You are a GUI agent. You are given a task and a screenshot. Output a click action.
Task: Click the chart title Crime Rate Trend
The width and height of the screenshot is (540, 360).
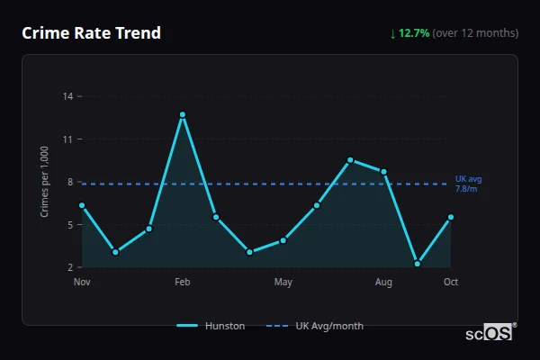pyautogui.click(x=91, y=33)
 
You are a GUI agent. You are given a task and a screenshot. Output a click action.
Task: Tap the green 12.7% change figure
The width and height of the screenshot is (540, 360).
pyautogui.click(x=414, y=33)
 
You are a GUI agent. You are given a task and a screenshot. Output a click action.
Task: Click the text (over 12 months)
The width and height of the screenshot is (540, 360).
pyautogui.click(x=475, y=33)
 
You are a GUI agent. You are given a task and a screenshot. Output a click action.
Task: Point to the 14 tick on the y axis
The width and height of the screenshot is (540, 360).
pyautogui.click(x=68, y=95)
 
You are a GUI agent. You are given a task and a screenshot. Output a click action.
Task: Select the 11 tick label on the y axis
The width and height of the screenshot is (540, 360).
pyautogui.click(x=68, y=139)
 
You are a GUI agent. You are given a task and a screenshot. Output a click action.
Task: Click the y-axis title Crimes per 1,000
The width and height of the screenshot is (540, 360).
pyautogui.click(x=45, y=182)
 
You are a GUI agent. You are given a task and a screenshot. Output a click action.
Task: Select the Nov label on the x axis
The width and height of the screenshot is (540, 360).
pyautogui.click(x=82, y=283)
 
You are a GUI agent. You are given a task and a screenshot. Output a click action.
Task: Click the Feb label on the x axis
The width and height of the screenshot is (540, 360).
pyautogui.click(x=183, y=283)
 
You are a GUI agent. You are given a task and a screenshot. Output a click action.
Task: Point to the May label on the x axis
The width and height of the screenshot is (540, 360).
pyautogui.click(x=283, y=283)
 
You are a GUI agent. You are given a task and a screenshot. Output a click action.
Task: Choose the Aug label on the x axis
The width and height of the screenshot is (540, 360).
pyautogui.click(x=384, y=283)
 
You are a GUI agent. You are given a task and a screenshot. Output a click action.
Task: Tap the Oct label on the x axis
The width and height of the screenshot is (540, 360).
pyautogui.click(x=451, y=283)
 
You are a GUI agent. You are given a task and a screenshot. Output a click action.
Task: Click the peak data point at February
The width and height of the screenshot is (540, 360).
pyautogui.click(x=183, y=114)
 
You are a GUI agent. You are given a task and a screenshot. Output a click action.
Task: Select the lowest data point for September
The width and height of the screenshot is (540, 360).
pyautogui.click(x=418, y=264)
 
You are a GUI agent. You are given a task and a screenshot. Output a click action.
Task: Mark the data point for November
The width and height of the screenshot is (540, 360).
pyautogui.click(x=82, y=205)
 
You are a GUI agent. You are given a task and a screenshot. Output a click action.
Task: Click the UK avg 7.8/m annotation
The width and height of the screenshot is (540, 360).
pyautogui.click(x=467, y=184)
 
